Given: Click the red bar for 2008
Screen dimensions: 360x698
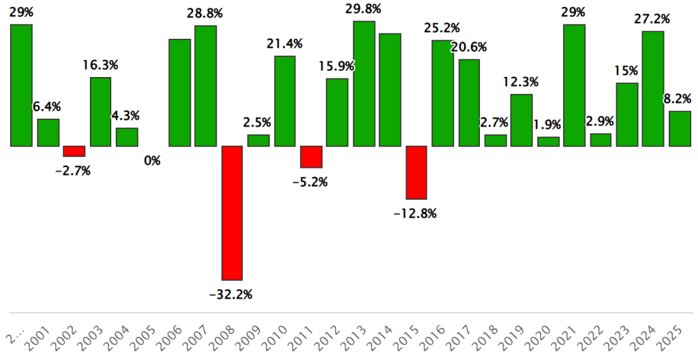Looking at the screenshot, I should (x=232, y=213).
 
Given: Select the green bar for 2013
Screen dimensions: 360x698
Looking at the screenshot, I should (x=364, y=83).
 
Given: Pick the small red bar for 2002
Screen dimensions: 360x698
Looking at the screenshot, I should (x=74, y=151).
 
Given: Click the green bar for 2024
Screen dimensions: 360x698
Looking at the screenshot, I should (x=653, y=89).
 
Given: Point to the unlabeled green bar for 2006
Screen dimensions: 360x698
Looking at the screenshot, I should (x=180, y=92).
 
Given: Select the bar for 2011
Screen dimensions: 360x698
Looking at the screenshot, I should (x=312, y=157).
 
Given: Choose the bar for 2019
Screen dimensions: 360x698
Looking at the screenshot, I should (x=521, y=120).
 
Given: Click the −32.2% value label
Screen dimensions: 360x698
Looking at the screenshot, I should (x=232, y=295).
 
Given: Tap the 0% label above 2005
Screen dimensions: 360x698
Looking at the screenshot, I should (x=153, y=162).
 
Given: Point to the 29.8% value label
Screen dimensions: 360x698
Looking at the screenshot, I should (x=364, y=9).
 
